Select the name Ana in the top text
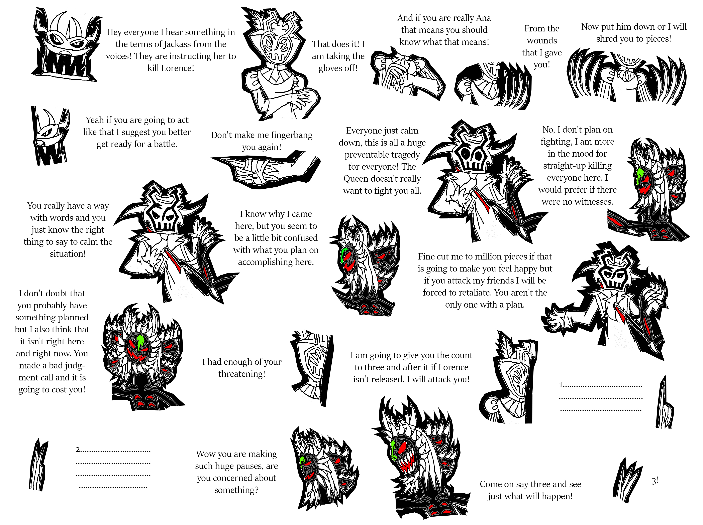(x=483, y=18)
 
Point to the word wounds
(x=542, y=41)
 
